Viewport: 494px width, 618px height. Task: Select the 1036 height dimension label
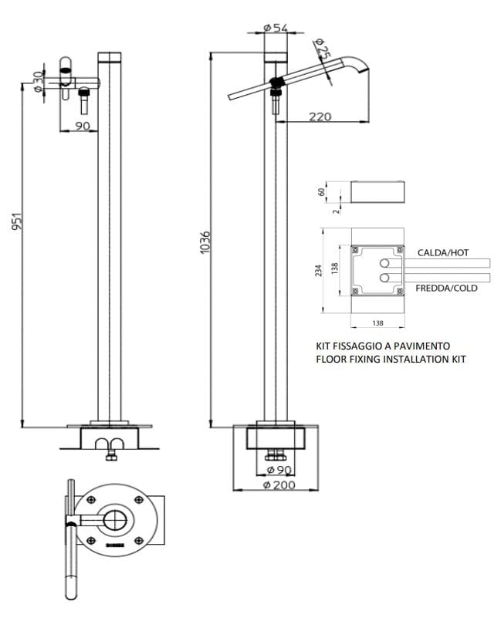205,242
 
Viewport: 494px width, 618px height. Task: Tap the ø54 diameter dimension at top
276,27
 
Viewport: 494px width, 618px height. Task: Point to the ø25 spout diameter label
322,50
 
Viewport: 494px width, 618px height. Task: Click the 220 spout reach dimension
320,117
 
